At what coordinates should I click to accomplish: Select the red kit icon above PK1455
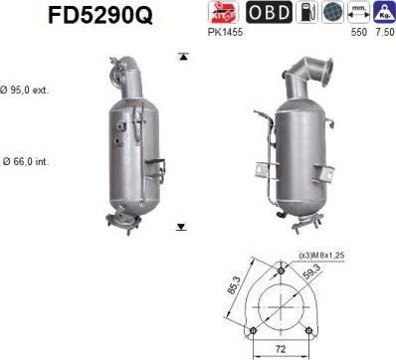223,12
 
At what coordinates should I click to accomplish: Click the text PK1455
223,32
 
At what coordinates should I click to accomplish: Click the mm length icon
356,12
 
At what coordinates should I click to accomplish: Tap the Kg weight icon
382,12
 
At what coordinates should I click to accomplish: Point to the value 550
355,32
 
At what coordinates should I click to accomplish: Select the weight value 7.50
382,32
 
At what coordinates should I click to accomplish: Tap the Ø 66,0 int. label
26,159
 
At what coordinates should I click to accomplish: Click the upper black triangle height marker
181,57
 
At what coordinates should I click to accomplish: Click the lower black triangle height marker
181,227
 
